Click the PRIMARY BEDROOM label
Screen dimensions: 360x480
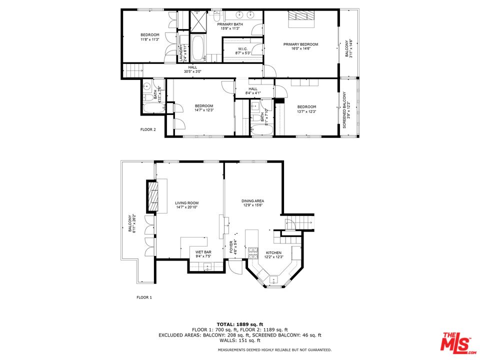coord(300,44)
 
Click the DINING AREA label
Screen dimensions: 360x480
coord(252,201)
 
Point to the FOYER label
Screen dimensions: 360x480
coord(231,246)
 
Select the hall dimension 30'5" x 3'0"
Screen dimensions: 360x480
coord(192,71)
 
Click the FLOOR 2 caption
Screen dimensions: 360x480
coord(147,129)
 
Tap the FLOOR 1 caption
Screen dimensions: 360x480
coord(144,297)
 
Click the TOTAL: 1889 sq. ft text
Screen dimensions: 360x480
coord(239,324)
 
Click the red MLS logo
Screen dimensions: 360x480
coord(455,342)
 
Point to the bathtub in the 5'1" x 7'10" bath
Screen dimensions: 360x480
coord(261,130)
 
